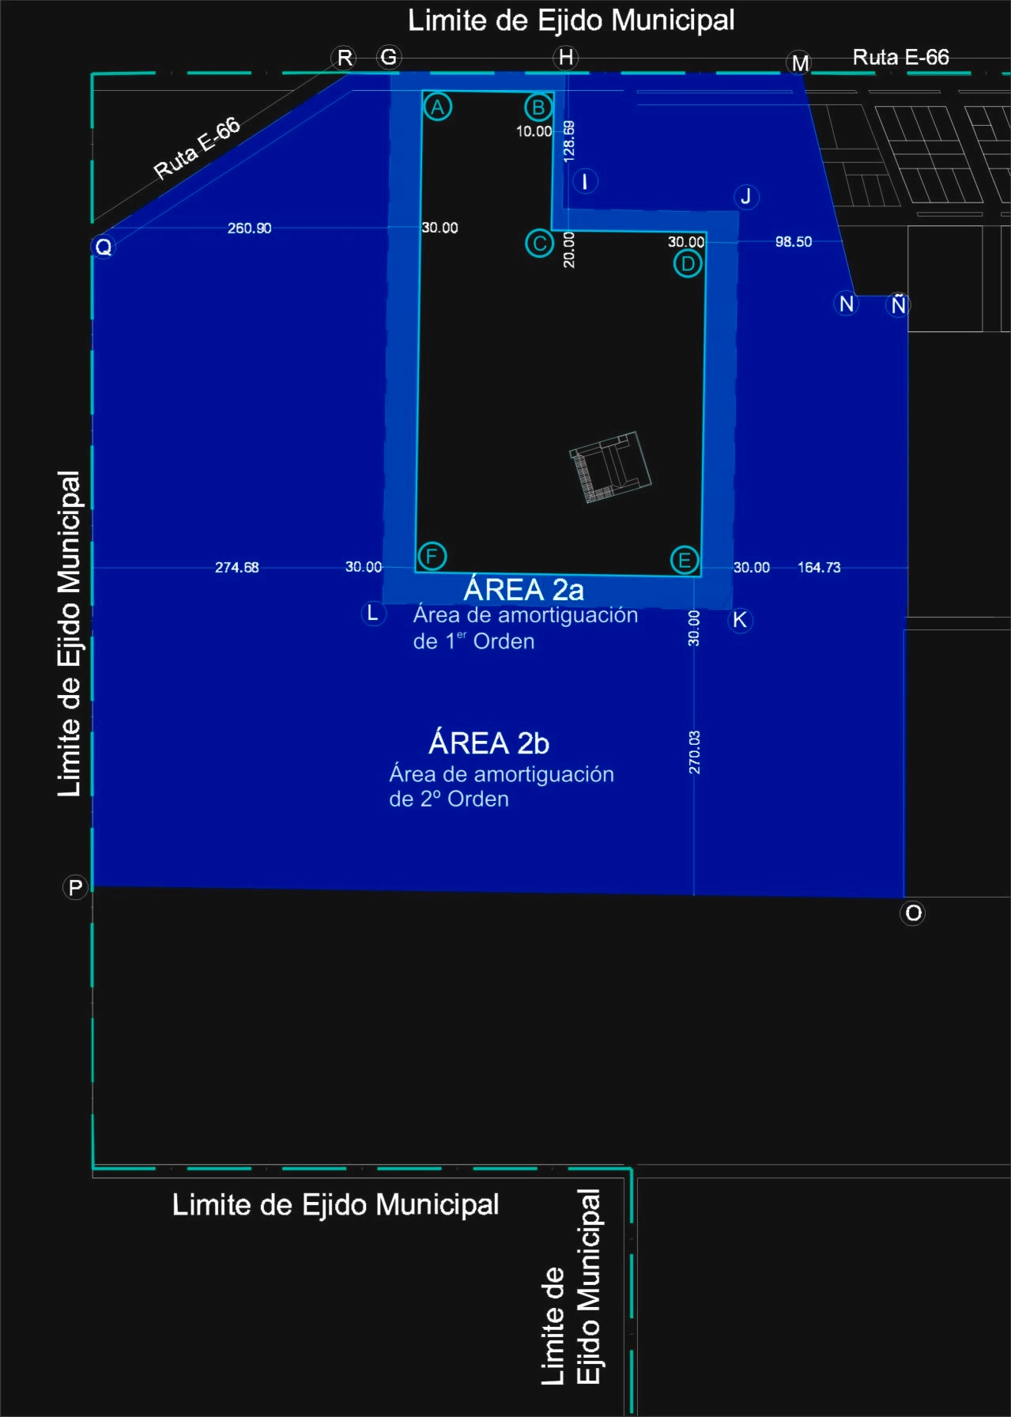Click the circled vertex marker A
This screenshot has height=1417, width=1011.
click(437, 107)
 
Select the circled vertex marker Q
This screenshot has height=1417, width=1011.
click(104, 247)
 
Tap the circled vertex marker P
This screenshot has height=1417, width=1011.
click(75, 887)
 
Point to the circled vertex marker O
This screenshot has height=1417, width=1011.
click(913, 913)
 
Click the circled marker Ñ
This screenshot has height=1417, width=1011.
click(898, 304)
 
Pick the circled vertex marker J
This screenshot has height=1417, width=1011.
click(745, 196)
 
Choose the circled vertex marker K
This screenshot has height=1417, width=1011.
click(740, 620)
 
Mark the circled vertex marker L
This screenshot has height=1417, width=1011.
click(373, 613)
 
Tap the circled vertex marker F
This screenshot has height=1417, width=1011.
click(432, 556)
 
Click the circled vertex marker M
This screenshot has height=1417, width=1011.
click(800, 62)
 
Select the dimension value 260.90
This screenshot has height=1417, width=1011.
click(249, 229)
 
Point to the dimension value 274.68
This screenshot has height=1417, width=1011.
click(237, 567)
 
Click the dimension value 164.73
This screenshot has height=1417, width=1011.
click(819, 567)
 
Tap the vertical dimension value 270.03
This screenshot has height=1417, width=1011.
click(694, 752)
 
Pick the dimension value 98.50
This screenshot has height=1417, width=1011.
click(794, 241)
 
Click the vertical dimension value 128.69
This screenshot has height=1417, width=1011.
click(569, 142)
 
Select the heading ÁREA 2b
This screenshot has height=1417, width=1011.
click(489, 743)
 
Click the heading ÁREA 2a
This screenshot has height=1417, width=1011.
click(524, 588)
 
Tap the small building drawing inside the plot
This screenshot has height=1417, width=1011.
click(610, 467)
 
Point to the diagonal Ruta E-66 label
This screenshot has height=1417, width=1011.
click(197, 148)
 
